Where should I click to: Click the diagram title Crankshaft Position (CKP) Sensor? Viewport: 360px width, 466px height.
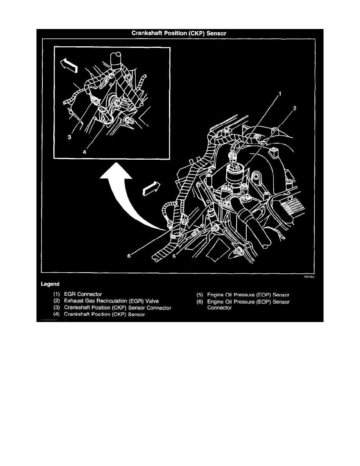tap(180, 34)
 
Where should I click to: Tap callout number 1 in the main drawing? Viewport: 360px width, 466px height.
tap(280, 94)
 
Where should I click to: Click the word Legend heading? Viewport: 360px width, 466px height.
tap(50, 284)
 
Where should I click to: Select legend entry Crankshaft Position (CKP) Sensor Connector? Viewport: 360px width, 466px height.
tap(112, 308)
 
